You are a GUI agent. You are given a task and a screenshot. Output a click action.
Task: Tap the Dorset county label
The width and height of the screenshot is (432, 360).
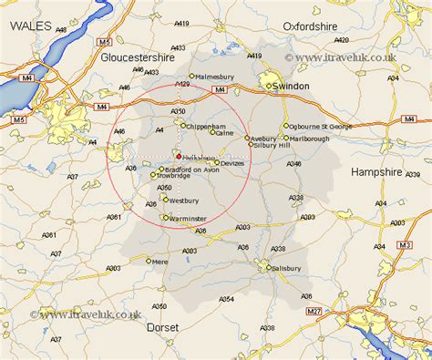(x=164, y=326)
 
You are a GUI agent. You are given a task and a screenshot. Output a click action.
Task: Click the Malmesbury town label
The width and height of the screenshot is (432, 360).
(x=216, y=77)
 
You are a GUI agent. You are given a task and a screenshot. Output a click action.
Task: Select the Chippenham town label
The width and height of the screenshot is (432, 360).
(x=205, y=126)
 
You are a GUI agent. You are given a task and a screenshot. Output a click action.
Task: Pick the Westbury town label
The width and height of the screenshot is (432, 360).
(x=184, y=200)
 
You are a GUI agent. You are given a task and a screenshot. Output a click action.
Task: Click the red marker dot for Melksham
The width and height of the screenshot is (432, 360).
(x=179, y=156)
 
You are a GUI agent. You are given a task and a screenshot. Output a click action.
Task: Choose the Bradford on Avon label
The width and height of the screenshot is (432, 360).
(x=192, y=169)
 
